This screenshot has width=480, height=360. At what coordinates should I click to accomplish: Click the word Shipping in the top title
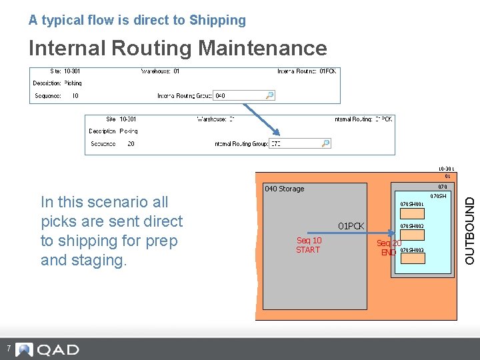tap(217, 21)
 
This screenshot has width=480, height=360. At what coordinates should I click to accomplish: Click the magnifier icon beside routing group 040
tap(269, 95)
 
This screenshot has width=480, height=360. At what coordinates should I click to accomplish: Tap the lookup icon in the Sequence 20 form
tap(325, 143)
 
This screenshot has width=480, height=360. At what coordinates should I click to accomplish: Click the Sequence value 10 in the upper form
tap(75, 96)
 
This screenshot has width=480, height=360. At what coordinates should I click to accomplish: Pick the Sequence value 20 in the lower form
tap(131, 143)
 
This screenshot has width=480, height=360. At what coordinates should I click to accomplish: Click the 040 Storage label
tap(285, 189)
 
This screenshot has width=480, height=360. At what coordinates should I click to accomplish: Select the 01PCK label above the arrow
tap(351, 226)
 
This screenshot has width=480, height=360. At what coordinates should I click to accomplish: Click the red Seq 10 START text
tap(308, 245)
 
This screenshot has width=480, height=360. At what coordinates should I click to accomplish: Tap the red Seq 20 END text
tap(388, 248)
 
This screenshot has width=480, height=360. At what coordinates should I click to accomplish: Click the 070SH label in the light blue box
tap(438, 196)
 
